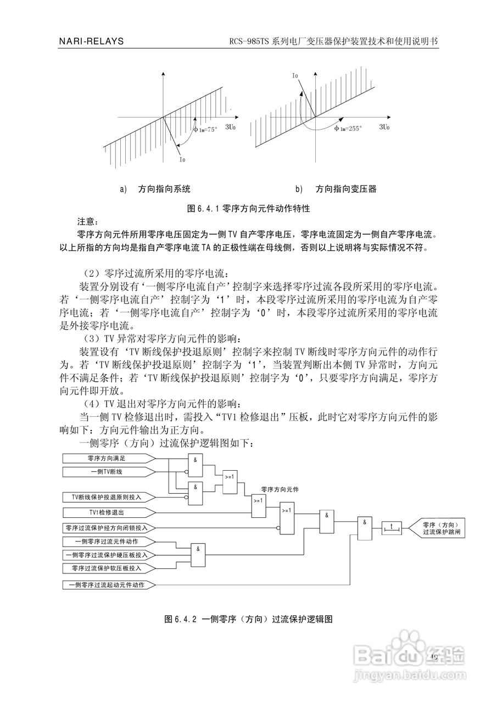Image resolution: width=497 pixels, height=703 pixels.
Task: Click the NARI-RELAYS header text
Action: tap(91, 42)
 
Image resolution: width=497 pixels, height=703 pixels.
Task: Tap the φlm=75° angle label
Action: tap(205, 130)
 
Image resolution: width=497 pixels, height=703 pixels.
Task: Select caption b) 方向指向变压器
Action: tap(336, 189)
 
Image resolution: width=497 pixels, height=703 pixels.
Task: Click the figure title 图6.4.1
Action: tap(249, 209)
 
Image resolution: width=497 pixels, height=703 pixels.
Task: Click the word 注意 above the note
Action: tap(87, 222)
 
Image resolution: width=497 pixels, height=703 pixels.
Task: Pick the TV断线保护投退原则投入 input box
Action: tap(107, 496)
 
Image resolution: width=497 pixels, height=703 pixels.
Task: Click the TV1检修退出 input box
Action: tap(107, 512)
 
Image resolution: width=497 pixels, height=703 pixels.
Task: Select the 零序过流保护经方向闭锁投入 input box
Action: tap(107, 528)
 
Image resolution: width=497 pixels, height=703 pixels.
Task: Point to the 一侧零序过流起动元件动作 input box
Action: tap(107, 585)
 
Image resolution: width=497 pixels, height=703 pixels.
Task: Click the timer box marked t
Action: tap(392, 527)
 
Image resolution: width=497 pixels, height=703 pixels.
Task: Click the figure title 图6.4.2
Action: tap(249, 619)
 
